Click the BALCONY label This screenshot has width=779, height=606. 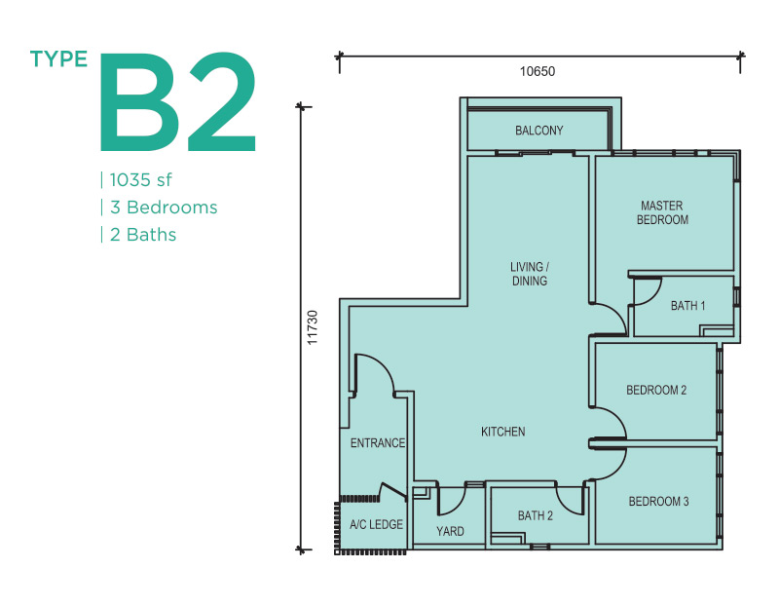[539, 131]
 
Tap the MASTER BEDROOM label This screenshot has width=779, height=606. [662, 212]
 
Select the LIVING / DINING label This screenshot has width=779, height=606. [530, 274]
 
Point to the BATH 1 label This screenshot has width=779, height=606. [688, 306]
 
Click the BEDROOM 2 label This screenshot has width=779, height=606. [656, 391]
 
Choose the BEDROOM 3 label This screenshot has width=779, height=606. [659, 501]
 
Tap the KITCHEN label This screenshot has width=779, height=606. [502, 432]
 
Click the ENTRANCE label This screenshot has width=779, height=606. [378, 443]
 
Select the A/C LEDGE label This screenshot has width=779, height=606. [376, 524]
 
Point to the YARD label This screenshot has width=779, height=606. [450, 531]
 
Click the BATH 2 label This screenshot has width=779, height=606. [535, 516]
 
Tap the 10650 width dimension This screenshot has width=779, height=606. [538, 71]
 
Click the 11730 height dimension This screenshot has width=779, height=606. [312, 327]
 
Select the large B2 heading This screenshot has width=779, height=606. [178, 101]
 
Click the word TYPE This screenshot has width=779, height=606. [58, 59]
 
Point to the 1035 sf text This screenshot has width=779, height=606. [140, 180]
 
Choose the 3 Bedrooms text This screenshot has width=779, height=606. [164, 208]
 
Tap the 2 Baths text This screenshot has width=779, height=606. [143, 235]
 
